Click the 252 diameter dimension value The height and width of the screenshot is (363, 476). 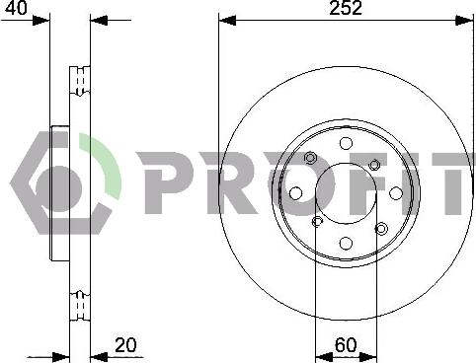click(x=346, y=8)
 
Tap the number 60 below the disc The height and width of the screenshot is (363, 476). click(x=346, y=345)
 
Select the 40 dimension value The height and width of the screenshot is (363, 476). click(x=17, y=7)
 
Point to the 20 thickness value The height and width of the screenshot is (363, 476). click(x=125, y=345)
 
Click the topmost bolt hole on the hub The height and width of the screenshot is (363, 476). click(x=346, y=143)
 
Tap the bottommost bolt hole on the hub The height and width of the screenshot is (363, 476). click(x=346, y=243)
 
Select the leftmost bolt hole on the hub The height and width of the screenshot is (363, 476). click(x=296, y=193)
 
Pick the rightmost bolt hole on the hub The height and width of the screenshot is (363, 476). click(x=396, y=193)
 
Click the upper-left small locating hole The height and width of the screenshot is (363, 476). click(x=310, y=158)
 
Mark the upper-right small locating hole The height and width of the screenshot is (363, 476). click(x=374, y=164)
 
